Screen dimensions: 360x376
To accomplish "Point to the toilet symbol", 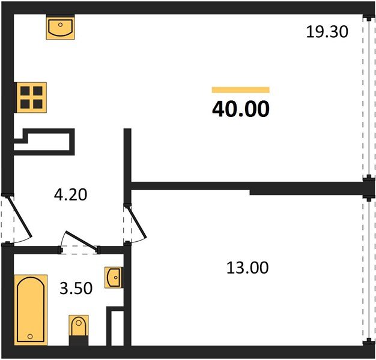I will click(79, 327).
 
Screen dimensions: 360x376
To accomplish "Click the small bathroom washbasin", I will click(114, 278).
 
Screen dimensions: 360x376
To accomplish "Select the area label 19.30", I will click(327, 32).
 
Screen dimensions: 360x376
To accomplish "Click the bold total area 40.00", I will click(240, 109).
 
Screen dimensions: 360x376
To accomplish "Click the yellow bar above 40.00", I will click(240, 90).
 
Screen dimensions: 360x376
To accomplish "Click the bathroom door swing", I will click(80, 241).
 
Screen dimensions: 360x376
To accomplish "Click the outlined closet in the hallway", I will click(46, 143).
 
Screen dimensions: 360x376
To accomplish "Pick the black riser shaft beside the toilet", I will click(115, 327).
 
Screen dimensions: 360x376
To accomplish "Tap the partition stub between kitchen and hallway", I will click(127, 156).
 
